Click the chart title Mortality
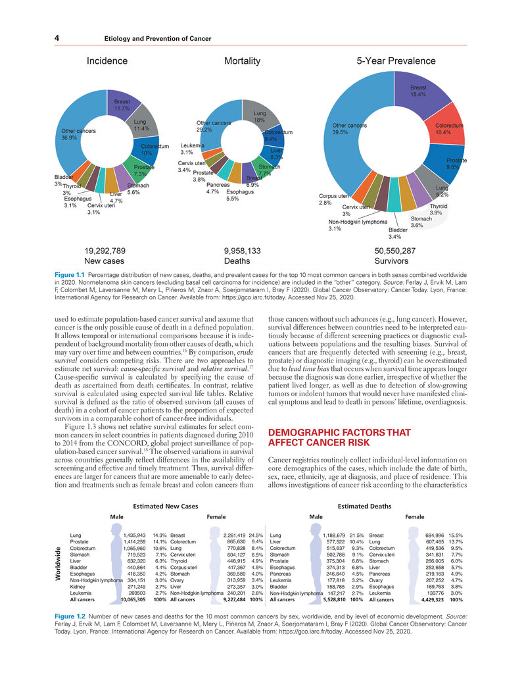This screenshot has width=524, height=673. (242, 61)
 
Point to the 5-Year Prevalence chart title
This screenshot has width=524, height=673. (396, 61)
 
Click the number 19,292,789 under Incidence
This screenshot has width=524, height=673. (105, 251)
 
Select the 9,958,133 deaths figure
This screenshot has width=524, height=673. (242, 251)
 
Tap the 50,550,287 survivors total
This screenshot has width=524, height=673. (395, 251)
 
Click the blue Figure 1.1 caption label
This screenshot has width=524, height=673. (70, 275)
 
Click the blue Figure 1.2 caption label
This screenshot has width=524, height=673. (70, 617)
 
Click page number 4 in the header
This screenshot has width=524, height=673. (57, 37)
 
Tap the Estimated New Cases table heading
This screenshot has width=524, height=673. (166, 507)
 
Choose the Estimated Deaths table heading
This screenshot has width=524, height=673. (364, 507)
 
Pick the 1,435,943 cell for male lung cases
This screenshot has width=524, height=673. (135, 536)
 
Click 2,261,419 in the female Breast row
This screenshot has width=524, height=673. (235, 536)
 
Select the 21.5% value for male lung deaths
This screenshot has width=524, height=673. (357, 536)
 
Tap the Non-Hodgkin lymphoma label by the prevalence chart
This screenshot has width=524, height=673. (358, 222)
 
